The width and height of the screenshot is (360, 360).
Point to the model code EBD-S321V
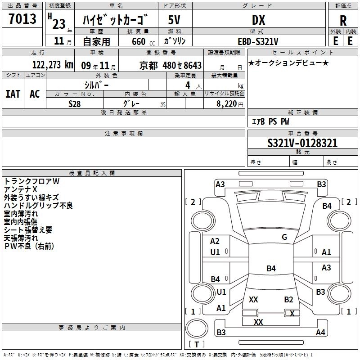click(258, 41)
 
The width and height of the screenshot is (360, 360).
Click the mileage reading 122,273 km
click(53, 64)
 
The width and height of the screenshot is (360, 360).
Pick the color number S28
click(75, 103)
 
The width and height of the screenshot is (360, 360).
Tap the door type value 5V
click(174, 20)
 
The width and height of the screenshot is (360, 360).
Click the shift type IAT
click(13, 94)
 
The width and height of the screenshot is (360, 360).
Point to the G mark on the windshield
click(284, 237)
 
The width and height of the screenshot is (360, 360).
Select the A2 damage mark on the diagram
click(215, 241)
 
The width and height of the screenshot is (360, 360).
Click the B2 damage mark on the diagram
click(288, 299)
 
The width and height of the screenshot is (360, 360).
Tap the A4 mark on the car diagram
click(320, 333)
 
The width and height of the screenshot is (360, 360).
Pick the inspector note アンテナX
click(21, 189)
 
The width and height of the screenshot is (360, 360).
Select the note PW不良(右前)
click(29, 246)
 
